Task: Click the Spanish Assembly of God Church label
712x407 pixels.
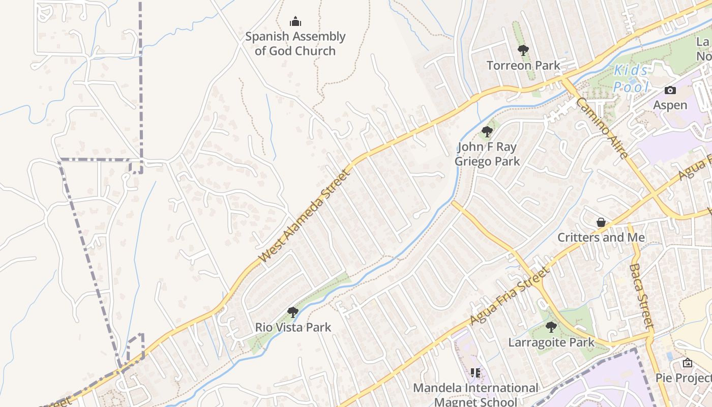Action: tap(295, 44)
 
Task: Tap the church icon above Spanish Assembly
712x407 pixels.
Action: tap(295, 22)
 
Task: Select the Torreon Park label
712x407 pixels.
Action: tap(523, 65)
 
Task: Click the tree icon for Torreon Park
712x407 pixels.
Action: tap(523, 50)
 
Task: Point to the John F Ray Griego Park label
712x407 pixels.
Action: tap(487, 154)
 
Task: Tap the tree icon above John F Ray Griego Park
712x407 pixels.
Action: tap(487, 132)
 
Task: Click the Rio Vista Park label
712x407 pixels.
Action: tap(293, 327)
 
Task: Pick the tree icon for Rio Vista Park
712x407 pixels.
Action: tap(292, 312)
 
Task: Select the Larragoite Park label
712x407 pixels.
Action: tap(551, 342)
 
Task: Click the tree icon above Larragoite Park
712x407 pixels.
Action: tap(551, 327)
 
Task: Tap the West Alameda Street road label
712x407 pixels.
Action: tap(305, 217)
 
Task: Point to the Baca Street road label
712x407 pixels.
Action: tap(641, 295)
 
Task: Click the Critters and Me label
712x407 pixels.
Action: tap(601, 238)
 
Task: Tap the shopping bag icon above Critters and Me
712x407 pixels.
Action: tap(601, 222)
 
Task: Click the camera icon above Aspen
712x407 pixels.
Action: tap(670, 91)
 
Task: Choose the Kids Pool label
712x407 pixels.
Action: tap(631, 79)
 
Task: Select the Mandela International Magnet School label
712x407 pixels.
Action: tap(476, 394)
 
